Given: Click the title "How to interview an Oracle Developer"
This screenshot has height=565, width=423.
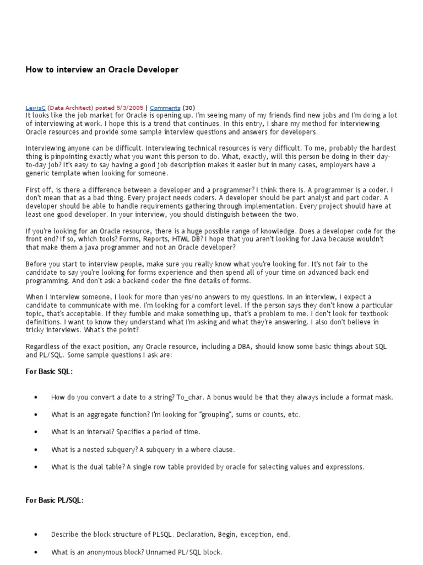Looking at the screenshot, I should tap(102, 70).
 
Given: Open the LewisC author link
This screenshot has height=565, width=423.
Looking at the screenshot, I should tap(36, 108).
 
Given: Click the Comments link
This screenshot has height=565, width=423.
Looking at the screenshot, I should tap(165, 108).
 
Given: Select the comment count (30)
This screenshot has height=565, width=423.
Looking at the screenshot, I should tap(188, 108).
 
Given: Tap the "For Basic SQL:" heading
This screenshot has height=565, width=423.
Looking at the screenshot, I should tap(49, 372).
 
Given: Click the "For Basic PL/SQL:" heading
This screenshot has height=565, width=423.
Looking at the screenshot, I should tap(55, 500).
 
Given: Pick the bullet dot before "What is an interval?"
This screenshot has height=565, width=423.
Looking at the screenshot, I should tap(36, 432).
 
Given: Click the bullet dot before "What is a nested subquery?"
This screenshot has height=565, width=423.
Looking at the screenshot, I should tap(36, 450).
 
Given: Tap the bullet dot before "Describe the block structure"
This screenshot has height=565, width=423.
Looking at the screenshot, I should tap(36, 535).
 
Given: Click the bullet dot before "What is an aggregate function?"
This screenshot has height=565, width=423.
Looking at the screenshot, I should tap(36, 415).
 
